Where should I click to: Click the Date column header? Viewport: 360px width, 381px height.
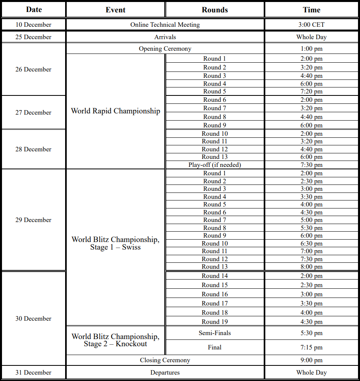coord(34,10)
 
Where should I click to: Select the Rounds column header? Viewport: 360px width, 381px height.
coord(215,10)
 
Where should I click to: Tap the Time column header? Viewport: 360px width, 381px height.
coord(311,10)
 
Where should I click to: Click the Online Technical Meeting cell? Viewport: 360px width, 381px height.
coord(165,25)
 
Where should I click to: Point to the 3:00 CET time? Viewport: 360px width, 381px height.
coord(311,25)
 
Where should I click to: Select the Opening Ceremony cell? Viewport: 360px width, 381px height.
coord(165,49)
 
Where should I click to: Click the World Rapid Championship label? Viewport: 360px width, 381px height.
coord(115,111)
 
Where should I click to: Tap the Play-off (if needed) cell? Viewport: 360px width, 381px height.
coord(215,165)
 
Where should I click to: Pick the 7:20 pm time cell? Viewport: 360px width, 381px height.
coord(311,91)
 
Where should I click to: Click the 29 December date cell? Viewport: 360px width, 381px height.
coord(34,220)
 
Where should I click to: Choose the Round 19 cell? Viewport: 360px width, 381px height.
coord(215,321)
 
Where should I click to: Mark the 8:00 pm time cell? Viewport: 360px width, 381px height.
coord(311,267)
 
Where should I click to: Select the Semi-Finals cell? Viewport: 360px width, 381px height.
coord(215,333)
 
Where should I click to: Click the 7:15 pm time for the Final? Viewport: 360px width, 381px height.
coord(311,347)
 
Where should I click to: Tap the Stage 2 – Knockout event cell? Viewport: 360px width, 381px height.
coord(115,340)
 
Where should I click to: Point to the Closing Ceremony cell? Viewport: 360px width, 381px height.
coord(165,360)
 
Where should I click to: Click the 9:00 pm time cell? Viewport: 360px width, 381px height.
coord(311,360)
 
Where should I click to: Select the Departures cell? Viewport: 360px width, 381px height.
coord(165,373)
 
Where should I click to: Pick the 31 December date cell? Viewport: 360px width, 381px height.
coord(34,373)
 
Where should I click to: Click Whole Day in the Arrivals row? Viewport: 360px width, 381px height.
coord(311,37)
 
